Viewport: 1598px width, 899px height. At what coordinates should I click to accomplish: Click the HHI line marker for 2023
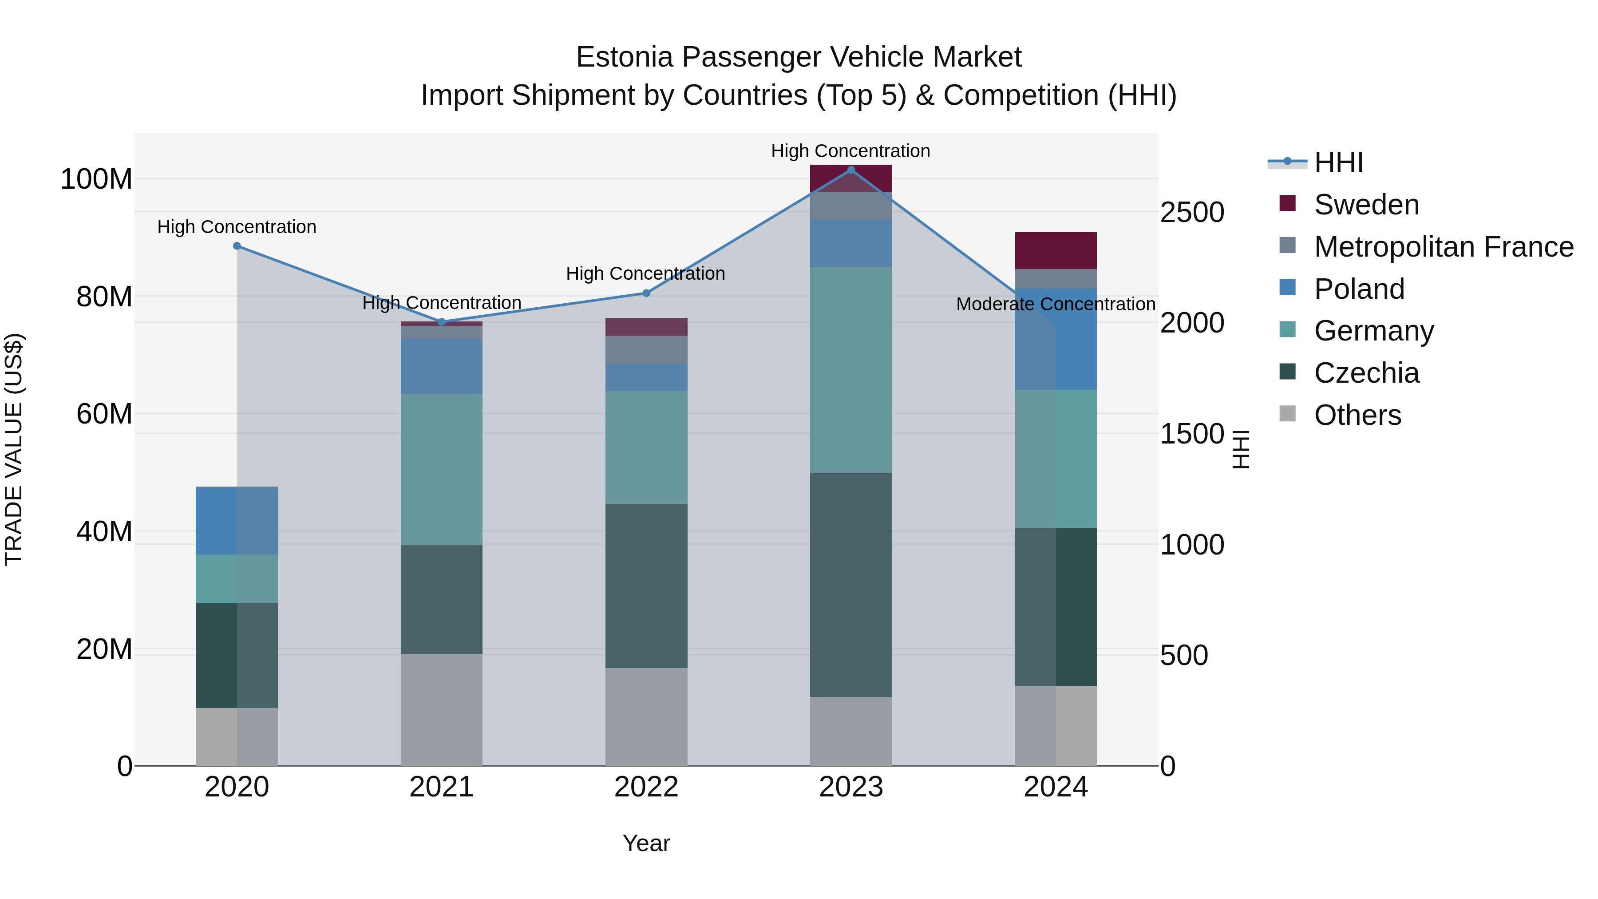(x=850, y=170)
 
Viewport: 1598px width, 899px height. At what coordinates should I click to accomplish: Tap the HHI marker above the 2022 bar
(x=646, y=293)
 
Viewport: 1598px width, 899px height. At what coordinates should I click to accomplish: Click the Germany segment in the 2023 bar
(x=850, y=370)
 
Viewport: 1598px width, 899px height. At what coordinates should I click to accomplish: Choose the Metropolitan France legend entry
(x=1443, y=247)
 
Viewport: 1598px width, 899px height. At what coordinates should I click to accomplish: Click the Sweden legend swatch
(x=1287, y=203)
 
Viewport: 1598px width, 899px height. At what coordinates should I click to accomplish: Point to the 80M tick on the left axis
(x=104, y=297)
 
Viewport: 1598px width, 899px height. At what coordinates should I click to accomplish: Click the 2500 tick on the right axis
(x=1192, y=212)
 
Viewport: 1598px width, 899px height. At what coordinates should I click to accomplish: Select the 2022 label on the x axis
(x=646, y=787)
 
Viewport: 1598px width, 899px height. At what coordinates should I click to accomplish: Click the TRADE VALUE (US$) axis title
(x=14, y=449)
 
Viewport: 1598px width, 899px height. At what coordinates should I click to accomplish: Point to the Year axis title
(x=646, y=843)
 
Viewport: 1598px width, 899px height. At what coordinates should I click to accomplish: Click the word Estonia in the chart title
(x=624, y=57)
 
